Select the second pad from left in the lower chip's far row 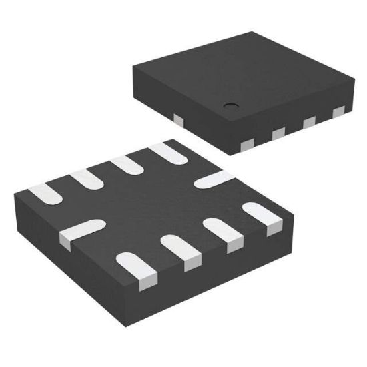pos(85,179)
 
